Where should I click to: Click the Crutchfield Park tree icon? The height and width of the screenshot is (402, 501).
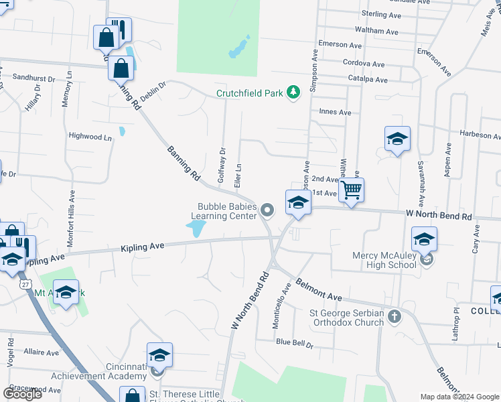tap(293, 92)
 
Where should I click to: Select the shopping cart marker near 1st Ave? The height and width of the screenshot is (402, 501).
tap(352, 190)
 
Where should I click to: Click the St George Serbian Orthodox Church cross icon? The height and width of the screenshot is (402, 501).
tap(395, 316)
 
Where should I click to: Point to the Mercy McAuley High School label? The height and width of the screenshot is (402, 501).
tap(384, 260)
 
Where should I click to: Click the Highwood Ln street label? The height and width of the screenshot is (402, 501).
tap(90, 136)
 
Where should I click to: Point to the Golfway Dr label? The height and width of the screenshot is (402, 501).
tap(222, 165)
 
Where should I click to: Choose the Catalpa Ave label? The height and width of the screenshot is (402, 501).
tap(368, 80)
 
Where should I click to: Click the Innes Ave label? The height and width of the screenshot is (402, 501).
tap(335, 113)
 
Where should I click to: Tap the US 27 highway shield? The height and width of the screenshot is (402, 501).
tap(25, 285)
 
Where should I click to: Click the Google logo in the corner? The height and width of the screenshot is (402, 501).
tap(22, 393)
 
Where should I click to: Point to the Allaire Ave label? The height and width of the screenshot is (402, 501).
tap(42, 351)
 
